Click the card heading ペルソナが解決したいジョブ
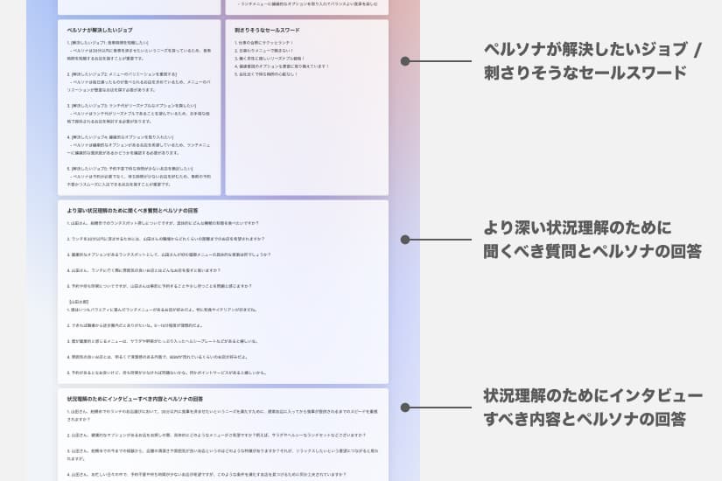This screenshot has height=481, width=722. (99, 30)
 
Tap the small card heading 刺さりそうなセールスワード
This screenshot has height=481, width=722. (272, 30)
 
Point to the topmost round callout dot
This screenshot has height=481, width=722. (404, 61)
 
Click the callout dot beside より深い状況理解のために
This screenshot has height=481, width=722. (404, 239)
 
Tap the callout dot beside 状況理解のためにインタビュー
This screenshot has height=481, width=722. (404, 406)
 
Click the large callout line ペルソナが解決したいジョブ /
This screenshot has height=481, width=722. (592, 49)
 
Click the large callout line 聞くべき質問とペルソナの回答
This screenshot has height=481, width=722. (592, 252)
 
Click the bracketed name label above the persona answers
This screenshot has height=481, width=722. (80, 301)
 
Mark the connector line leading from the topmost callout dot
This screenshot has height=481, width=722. (442, 61)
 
